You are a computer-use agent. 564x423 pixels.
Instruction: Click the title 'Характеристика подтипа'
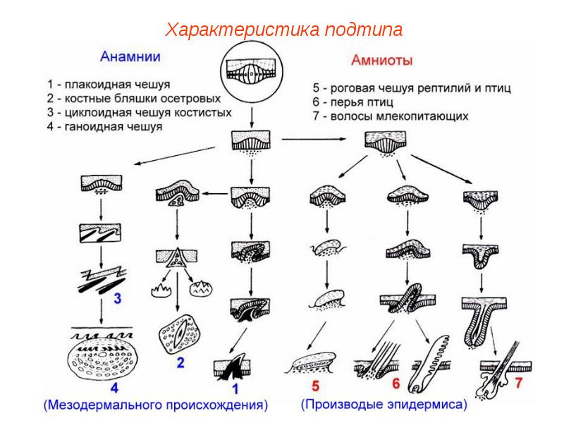[x=283, y=30]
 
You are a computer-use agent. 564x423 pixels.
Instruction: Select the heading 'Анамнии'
[x=130, y=56]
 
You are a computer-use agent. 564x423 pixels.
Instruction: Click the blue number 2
[x=180, y=363]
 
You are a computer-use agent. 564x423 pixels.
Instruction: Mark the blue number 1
[x=238, y=388]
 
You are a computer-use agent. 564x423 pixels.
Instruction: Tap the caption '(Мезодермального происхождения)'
[x=156, y=405]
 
